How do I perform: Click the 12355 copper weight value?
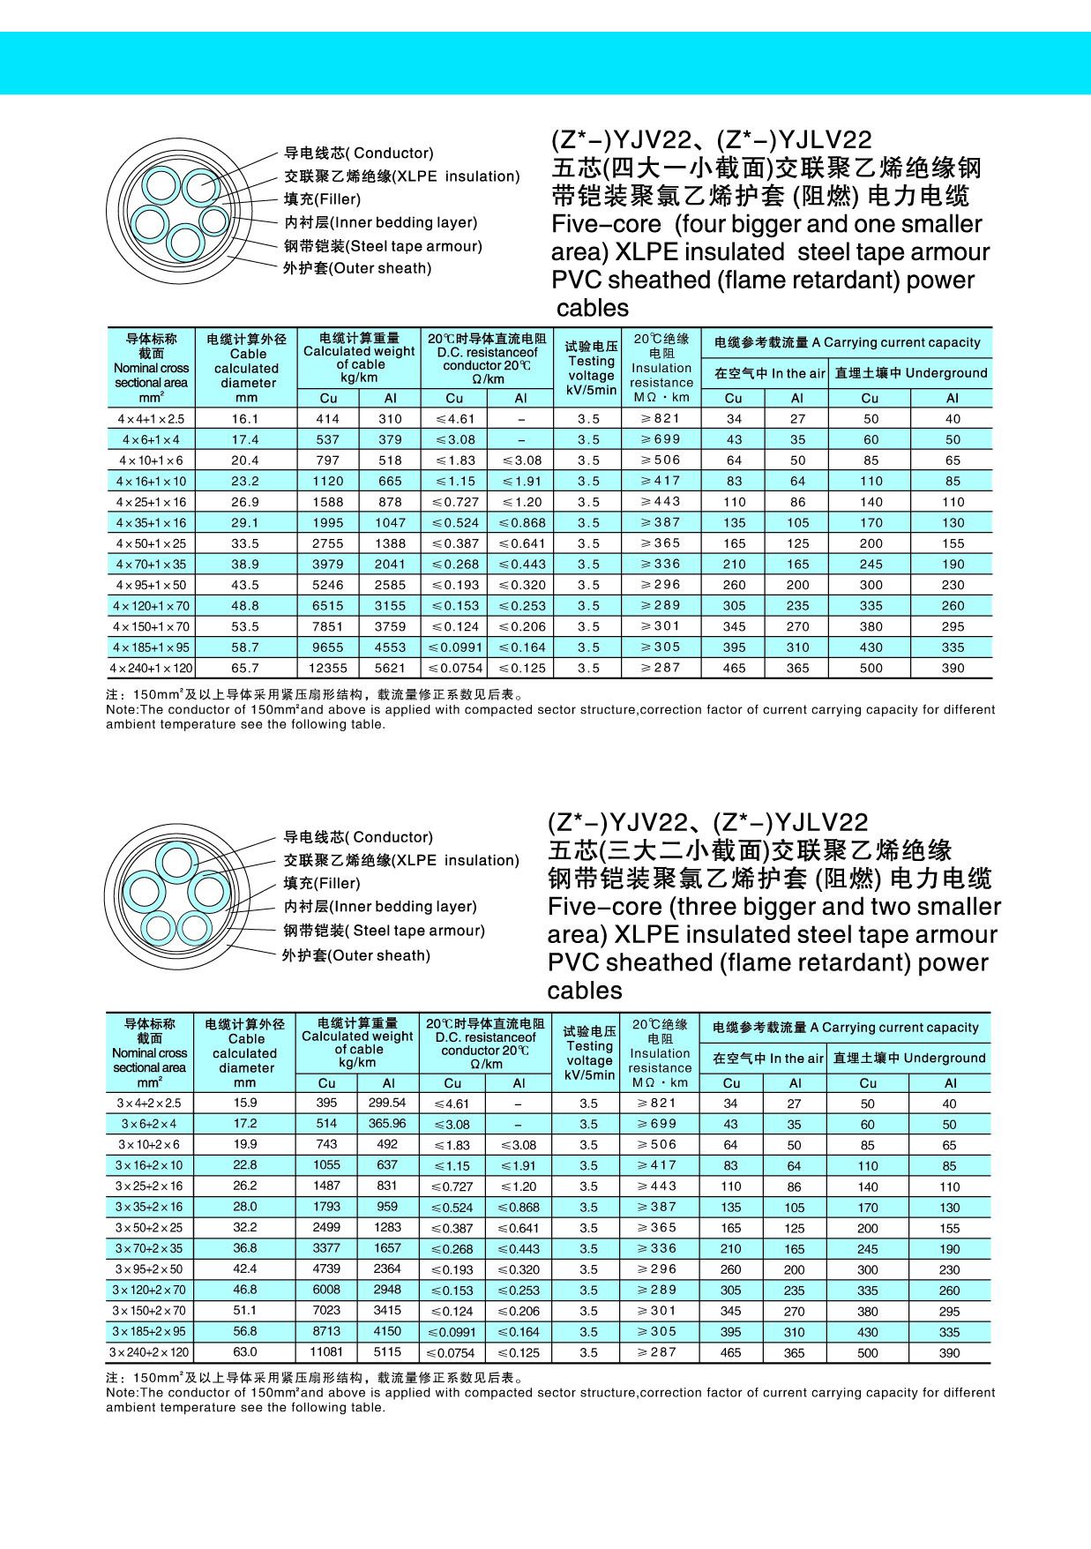click(327, 668)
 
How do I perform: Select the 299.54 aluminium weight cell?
click(387, 1103)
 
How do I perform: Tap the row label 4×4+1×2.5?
click(150, 419)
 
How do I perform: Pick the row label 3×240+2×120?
click(149, 1352)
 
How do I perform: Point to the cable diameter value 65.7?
click(245, 668)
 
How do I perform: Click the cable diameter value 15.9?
click(245, 1103)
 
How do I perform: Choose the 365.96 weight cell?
click(387, 1124)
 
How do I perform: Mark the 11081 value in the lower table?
click(326, 1352)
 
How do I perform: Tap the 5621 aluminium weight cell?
click(390, 668)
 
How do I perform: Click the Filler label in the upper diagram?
click(322, 199)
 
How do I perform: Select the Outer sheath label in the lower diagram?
click(355, 955)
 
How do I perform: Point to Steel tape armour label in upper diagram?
click(383, 246)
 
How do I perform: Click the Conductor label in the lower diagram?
click(358, 837)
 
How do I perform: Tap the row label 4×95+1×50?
click(150, 585)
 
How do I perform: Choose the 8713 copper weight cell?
click(326, 1331)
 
